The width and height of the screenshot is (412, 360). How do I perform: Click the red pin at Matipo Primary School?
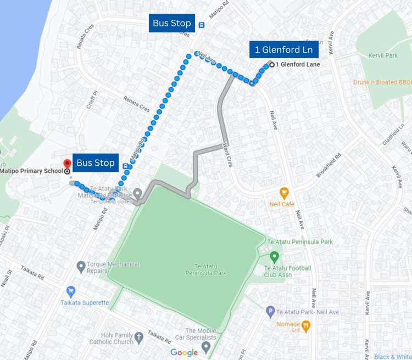(x=67, y=164)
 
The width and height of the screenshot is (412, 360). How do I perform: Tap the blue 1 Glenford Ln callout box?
(x=283, y=50)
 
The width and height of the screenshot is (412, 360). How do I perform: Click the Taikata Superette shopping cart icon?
(x=70, y=291)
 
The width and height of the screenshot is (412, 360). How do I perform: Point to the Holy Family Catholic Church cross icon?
(x=139, y=336)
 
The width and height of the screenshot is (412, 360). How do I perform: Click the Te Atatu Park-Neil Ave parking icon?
(x=270, y=312)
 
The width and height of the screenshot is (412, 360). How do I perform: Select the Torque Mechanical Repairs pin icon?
(x=81, y=267)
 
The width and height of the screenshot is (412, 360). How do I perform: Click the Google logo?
(x=183, y=352)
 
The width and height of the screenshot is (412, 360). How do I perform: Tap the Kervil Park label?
(x=384, y=56)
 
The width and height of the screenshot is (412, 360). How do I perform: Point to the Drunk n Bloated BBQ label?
(x=382, y=82)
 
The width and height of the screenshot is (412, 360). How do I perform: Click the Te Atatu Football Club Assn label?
(x=287, y=271)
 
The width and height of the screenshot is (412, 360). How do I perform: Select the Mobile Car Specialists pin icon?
(x=206, y=347)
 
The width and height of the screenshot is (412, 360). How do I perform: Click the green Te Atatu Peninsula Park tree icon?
(x=275, y=256)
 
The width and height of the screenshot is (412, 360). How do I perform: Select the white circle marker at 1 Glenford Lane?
(x=272, y=65)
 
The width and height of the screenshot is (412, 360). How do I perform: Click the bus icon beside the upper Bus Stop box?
(x=202, y=25)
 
